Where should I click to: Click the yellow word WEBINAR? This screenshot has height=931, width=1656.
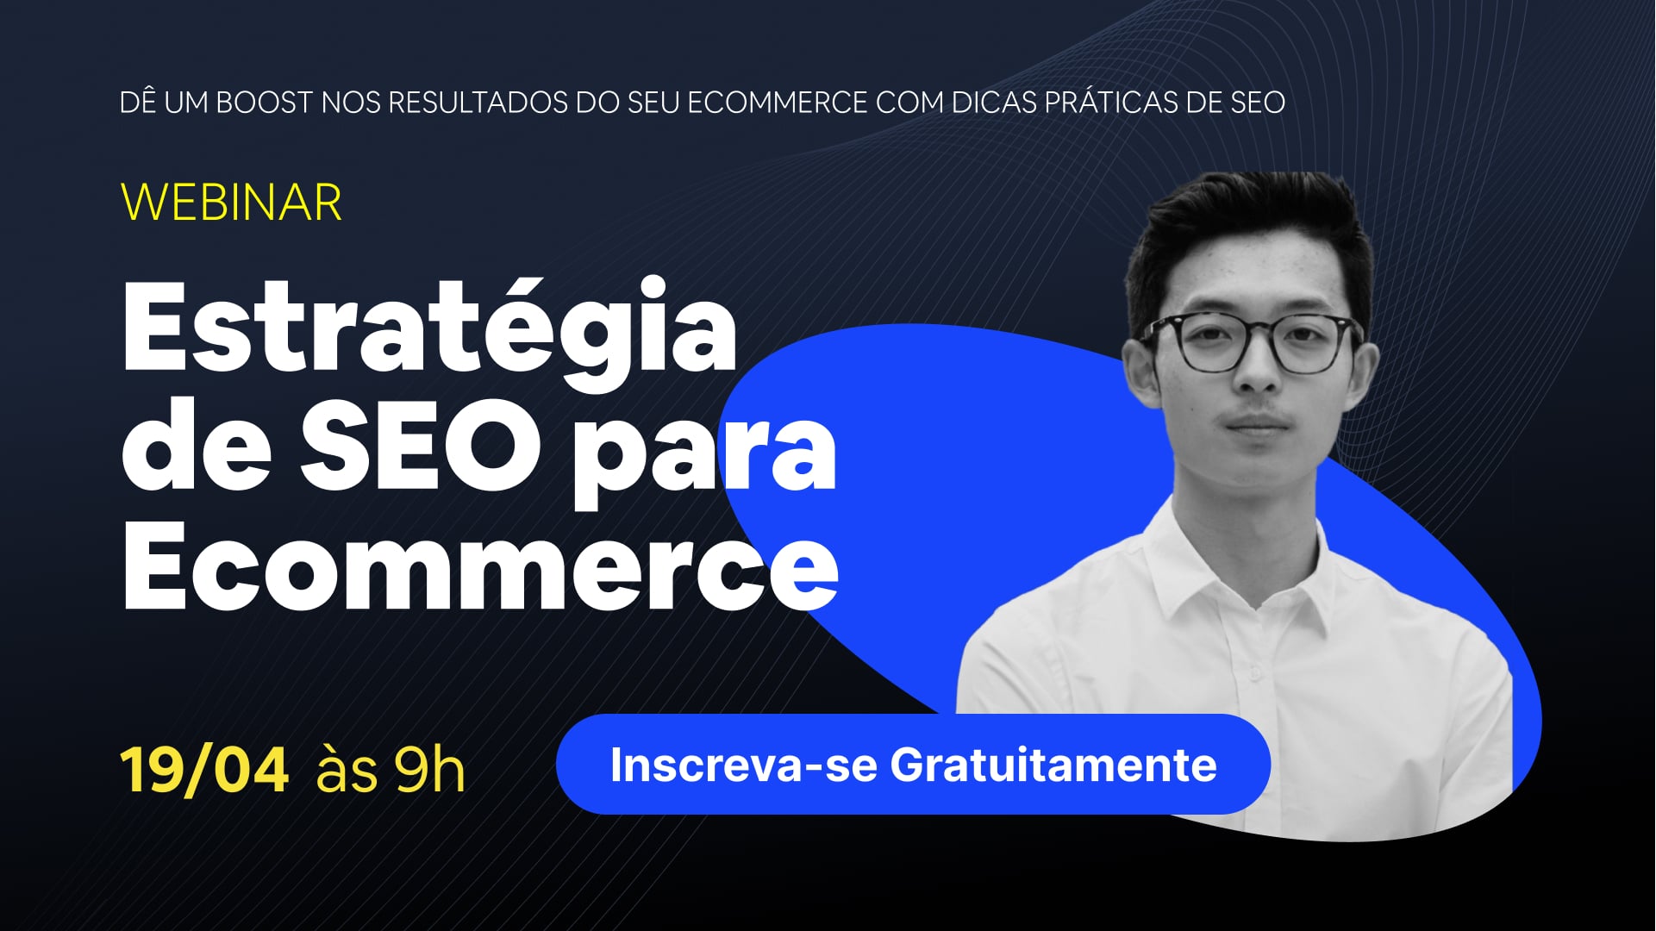[231, 203]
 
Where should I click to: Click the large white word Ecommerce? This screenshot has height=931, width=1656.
[480, 565]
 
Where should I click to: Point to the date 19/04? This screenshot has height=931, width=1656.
[204, 769]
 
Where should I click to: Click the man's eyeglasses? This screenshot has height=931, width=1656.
[1252, 342]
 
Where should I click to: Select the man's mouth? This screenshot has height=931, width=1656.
[1257, 425]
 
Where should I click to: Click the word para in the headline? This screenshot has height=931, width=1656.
[703, 458]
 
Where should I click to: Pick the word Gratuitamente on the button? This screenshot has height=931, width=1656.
[1053, 765]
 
